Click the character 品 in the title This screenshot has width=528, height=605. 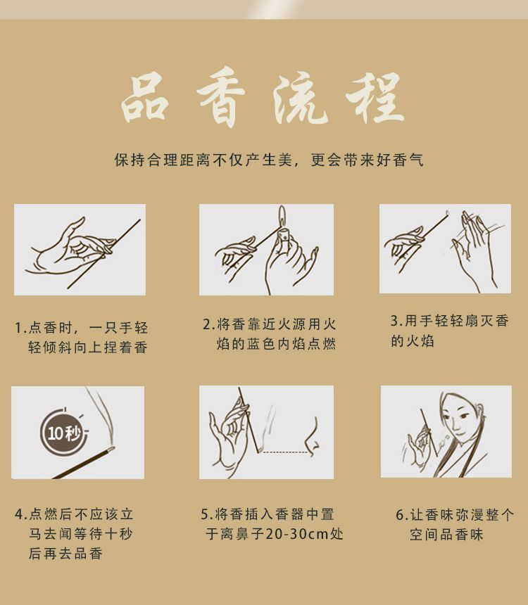point(144,96)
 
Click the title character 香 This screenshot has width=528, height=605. point(221,97)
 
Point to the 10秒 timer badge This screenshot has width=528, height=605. point(64,432)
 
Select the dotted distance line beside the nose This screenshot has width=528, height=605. point(285,452)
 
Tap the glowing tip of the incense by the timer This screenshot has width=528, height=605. point(111,448)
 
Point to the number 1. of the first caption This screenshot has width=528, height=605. point(20,329)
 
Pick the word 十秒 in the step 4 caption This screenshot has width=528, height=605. point(120,534)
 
